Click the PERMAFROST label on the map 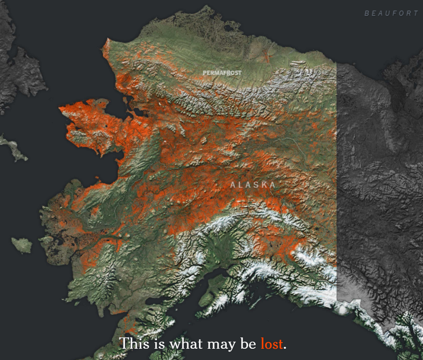(222, 73)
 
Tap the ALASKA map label (253, 185)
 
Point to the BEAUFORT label (391, 13)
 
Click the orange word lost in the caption (272, 344)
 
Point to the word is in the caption (159, 344)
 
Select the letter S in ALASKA (257, 185)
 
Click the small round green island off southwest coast (22, 245)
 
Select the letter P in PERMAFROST (205, 73)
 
